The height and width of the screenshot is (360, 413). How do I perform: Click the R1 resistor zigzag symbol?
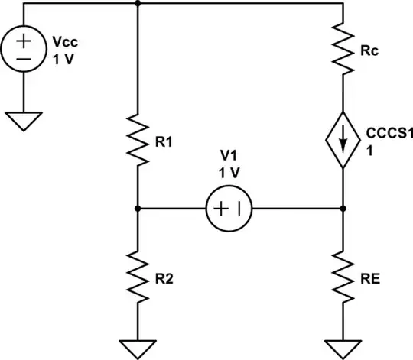point(137,138)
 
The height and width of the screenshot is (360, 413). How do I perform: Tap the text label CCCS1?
point(385,134)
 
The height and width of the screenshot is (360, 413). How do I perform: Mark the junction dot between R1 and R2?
point(137,207)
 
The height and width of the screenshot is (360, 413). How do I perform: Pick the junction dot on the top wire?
point(137,3)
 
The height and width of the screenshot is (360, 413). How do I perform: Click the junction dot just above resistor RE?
point(342,207)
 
